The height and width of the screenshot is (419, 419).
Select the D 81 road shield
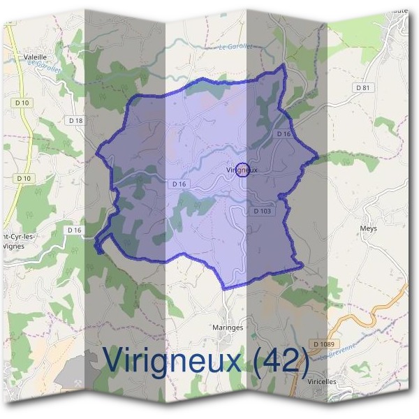click(362, 87)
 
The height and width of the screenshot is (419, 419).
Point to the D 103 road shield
click(262, 210)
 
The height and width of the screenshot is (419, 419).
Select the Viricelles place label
click(321, 382)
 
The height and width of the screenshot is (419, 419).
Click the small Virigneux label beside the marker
click(242, 170)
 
